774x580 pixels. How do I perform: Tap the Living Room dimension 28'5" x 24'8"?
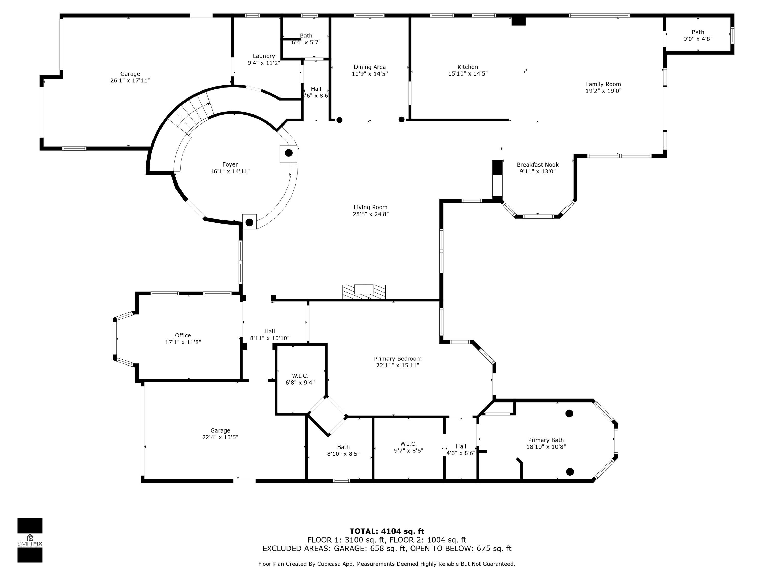370,214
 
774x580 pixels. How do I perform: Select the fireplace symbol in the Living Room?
364,292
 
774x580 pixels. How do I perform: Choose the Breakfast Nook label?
537,165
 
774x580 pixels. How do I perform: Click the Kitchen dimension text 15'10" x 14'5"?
468,74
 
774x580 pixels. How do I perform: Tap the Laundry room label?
264,56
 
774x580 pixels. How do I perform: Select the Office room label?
183,335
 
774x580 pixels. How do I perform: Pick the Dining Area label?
370,67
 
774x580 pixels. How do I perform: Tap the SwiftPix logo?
30,540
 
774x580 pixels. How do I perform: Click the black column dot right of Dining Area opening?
401,120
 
